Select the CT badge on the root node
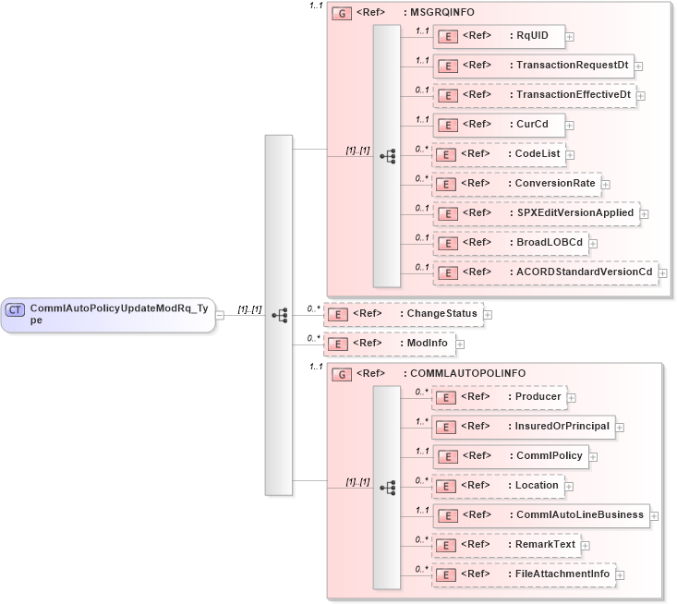point(16,309)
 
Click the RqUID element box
point(499,36)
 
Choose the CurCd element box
point(504,125)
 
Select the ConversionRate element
point(516,184)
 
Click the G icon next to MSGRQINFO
point(342,14)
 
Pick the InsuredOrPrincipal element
point(524,427)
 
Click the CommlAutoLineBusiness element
point(541,515)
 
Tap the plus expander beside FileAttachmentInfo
point(622,574)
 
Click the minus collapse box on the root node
point(220,315)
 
